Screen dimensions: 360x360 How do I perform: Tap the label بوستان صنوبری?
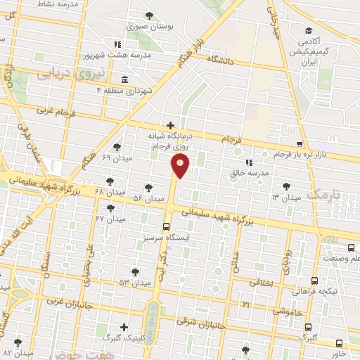149,26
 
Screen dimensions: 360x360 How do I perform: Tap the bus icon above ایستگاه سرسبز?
167,226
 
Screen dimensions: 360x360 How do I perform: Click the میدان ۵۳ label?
135,282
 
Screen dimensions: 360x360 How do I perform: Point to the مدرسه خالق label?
254,172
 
